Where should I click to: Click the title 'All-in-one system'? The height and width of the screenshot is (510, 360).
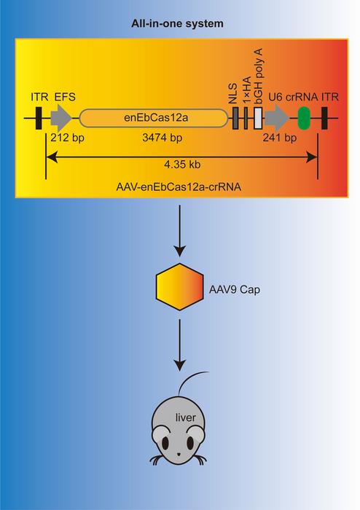click(x=179, y=23)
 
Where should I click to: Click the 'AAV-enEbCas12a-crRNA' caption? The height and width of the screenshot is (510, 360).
click(x=179, y=187)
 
